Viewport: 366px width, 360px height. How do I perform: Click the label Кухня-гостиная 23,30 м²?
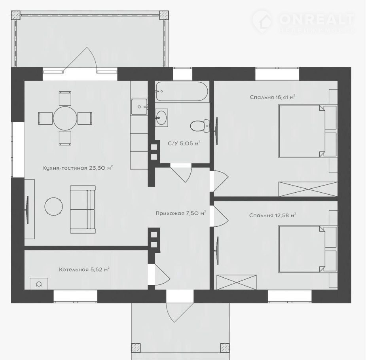(78, 168)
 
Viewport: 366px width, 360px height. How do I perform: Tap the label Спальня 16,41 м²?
(272, 97)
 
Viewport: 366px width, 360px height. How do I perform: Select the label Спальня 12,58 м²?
(272, 215)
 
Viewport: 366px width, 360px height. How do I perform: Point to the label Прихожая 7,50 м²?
(180, 213)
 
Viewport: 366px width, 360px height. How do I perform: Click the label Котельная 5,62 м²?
(84, 269)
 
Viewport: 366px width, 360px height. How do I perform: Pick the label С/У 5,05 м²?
(184, 143)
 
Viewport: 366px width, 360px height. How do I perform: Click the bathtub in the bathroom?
(182, 91)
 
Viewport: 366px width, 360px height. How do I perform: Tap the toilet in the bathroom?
(199, 126)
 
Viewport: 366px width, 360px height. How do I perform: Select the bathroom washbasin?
(161, 117)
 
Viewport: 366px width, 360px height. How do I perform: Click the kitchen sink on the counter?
(139, 107)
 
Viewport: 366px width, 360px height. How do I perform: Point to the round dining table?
(65, 118)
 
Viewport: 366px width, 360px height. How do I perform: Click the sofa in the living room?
(83, 209)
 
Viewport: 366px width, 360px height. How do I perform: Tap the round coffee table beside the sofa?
(54, 206)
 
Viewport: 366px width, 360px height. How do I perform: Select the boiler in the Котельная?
(39, 284)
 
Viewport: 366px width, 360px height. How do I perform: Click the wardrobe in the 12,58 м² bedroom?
(237, 282)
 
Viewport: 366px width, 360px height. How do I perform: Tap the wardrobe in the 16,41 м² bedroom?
(308, 189)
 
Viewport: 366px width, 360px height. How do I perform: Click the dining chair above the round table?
(65, 99)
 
